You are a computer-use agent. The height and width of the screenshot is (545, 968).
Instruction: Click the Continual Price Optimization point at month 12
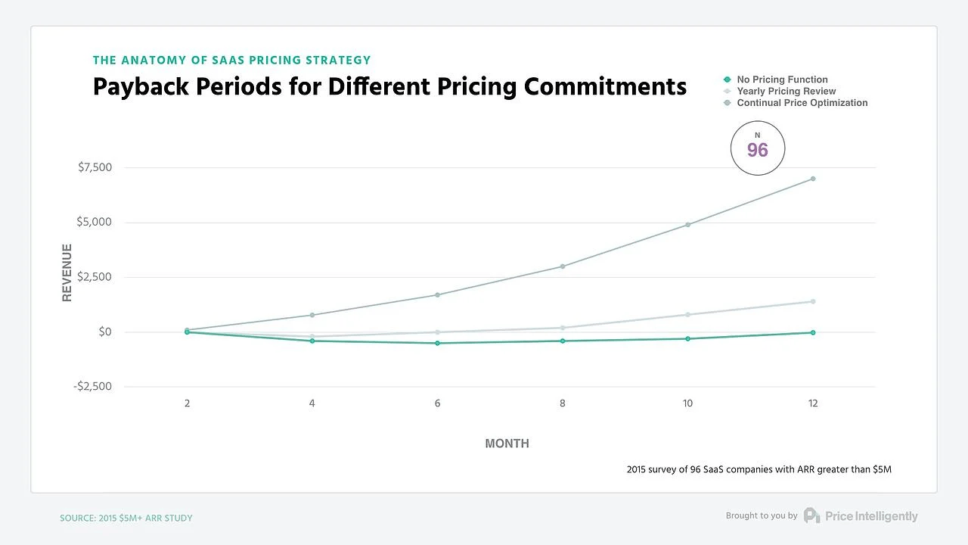pos(813,179)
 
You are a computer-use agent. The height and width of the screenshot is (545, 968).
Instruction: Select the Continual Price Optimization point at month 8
pos(563,266)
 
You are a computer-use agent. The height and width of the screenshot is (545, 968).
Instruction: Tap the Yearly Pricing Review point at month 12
pos(813,301)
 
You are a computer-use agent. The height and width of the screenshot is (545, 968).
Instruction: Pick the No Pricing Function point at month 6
pos(437,344)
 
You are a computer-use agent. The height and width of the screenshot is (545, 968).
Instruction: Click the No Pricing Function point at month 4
pos(312,341)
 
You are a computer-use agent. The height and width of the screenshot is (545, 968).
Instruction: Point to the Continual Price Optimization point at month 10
pos(687,225)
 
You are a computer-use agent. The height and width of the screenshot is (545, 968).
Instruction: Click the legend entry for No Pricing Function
pos(782,79)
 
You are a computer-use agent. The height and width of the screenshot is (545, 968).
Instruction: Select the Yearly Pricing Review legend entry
pos(786,91)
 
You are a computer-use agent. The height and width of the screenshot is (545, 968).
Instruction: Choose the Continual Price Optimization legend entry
pos(802,103)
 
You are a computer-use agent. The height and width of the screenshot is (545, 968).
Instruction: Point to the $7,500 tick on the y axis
pos(95,167)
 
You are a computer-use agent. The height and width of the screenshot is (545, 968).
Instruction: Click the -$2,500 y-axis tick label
pos(92,387)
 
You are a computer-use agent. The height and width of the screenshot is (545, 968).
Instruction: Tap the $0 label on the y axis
pos(104,332)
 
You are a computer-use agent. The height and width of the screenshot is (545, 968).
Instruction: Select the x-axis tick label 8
pos(563,404)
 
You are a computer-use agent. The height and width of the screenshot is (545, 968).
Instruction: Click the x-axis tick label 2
pos(187,404)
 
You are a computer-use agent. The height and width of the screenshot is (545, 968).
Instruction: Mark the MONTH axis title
pos(507,444)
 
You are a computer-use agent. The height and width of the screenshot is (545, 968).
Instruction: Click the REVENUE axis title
pos(67,272)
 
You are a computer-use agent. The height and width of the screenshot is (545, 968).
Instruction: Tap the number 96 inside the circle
pos(757,151)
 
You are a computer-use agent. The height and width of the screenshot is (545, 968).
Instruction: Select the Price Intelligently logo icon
pos(811,515)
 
